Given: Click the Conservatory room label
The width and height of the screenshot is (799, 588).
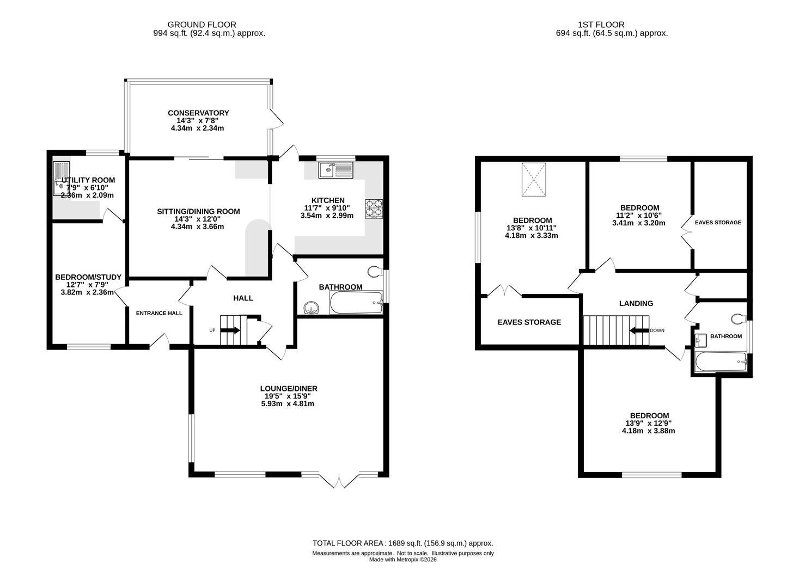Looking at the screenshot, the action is tap(198, 113).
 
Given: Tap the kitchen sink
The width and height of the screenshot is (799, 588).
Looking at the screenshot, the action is tap(336, 170).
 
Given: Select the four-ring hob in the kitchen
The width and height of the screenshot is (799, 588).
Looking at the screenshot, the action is tap(374, 209).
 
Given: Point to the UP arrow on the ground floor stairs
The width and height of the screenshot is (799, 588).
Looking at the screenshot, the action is tap(230, 330).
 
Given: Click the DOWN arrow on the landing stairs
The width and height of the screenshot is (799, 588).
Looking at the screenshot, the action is tap(639, 330).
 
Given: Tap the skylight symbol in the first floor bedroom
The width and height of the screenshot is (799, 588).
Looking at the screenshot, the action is tap(534, 179).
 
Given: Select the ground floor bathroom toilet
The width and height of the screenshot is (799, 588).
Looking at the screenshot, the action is tap(375, 272).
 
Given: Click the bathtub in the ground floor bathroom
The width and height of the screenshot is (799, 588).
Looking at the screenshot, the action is tap(356, 303).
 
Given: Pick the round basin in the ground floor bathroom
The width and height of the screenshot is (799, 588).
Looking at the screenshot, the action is tap(312, 308).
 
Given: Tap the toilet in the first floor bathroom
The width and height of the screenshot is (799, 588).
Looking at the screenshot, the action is tap(739, 319).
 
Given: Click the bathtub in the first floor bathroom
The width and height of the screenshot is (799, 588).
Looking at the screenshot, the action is tap(721, 362).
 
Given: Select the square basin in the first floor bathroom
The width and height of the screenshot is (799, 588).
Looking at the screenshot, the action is tap(700, 340).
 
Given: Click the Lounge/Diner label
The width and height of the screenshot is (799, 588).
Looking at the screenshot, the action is tap(289, 388).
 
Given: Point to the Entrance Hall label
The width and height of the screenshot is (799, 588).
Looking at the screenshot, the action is tap(159, 313).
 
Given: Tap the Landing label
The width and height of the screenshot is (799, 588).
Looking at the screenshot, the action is tap(636, 303).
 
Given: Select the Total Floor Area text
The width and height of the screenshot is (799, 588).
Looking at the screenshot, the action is tap(402, 543).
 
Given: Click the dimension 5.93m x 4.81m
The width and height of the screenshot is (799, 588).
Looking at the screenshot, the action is tap(288, 403).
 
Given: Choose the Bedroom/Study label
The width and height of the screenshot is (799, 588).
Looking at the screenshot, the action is tap(88, 277).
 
